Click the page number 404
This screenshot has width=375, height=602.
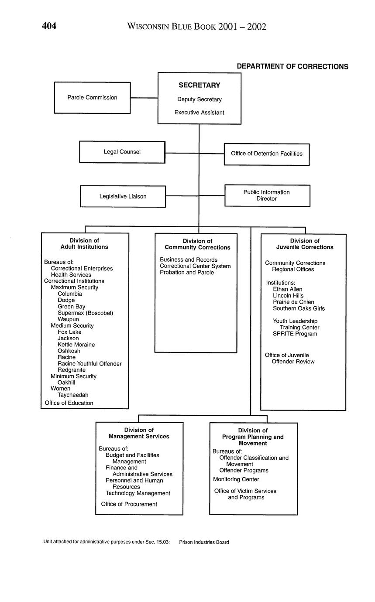click(49, 26)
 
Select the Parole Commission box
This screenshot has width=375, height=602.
click(92, 98)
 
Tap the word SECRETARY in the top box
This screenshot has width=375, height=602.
click(199, 86)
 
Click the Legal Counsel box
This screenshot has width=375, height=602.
click(122, 152)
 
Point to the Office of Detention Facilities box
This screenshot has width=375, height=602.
click(267, 154)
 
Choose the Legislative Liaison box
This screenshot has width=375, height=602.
click(123, 196)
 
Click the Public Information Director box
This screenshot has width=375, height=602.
click(267, 195)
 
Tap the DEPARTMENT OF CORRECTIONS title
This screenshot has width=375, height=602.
click(292, 67)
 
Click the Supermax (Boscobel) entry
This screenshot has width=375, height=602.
click(85, 313)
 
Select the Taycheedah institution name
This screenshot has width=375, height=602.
click(73, 395)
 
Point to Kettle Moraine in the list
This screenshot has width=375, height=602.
click(76, 345)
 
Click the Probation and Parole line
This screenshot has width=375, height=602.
click(187, 273)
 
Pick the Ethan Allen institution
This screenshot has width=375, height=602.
click(287, 289)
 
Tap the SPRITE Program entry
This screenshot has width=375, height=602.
click(295, 334)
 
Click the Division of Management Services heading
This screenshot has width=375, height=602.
click(139, 433)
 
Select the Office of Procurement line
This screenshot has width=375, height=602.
click(129, 504)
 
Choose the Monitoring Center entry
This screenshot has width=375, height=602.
click(236, 479)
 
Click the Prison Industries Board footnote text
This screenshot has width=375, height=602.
click(204, 542)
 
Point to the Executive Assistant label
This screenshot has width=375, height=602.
click(199, 113)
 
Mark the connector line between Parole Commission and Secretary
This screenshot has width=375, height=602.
click(144, 98)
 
